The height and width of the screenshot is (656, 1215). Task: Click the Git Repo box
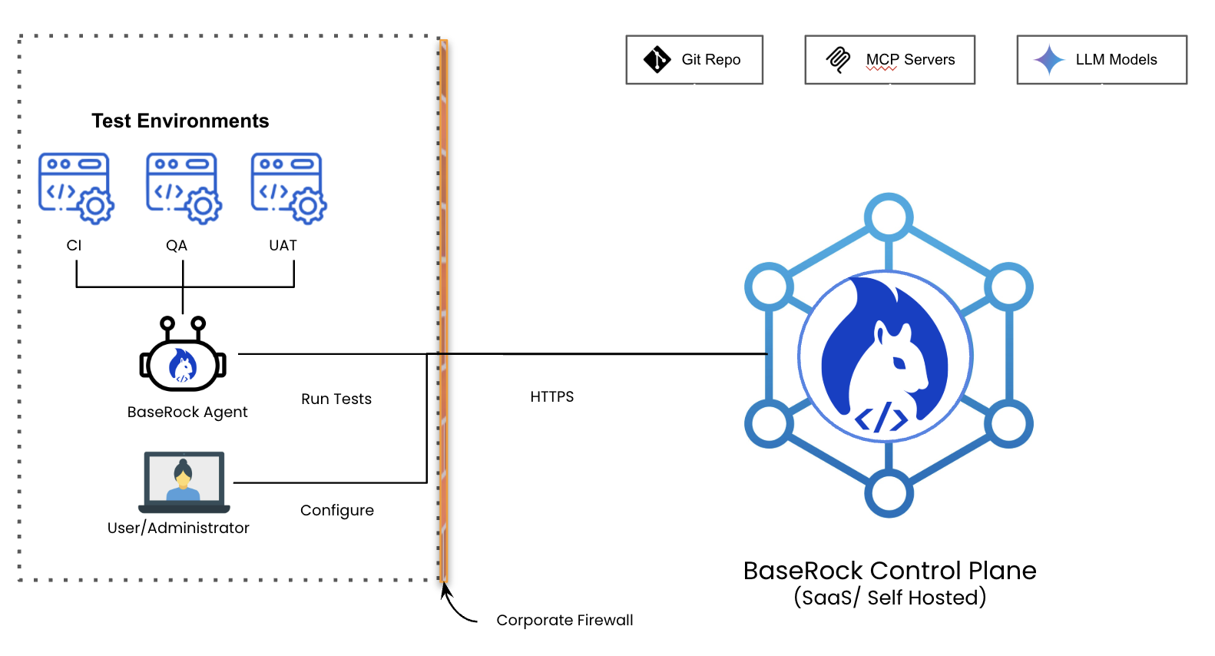694,60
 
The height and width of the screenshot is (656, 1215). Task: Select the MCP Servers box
889,60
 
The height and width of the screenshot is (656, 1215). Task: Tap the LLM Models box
1101,60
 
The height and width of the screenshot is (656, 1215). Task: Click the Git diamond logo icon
657,59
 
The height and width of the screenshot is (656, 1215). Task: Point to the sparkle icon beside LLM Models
1049,59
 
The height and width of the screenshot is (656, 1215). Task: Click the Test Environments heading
180,121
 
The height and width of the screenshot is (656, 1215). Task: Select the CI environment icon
76,188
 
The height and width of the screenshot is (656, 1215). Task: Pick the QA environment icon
184,188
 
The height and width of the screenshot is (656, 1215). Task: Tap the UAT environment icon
289,188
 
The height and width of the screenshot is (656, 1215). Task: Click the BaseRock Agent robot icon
183,356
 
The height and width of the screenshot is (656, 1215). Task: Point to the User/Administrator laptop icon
184,482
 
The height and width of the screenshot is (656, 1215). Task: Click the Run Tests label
336,399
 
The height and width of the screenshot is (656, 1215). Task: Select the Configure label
337,510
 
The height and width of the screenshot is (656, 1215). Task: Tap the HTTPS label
552,396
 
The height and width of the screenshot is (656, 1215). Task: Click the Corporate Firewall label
564,620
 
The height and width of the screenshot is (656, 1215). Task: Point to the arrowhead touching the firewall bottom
445,590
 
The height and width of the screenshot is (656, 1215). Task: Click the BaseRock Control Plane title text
889,571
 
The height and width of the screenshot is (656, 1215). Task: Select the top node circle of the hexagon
889,217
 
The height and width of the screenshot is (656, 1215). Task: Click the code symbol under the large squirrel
882,418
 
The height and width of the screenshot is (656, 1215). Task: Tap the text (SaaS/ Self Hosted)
889,598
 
